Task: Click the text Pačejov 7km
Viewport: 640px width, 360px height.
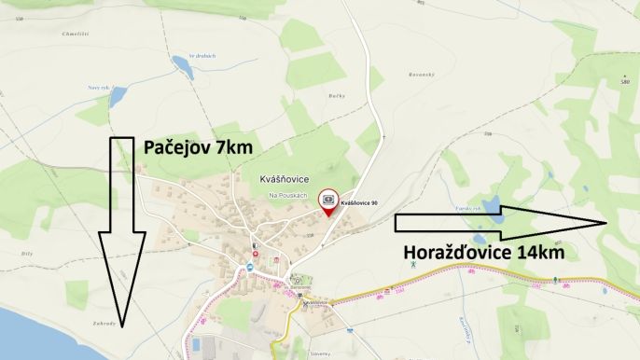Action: [197, 147]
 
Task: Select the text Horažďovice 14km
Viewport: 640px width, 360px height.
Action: [483, 252]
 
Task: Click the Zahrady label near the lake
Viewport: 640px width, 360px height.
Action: [104, 323]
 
